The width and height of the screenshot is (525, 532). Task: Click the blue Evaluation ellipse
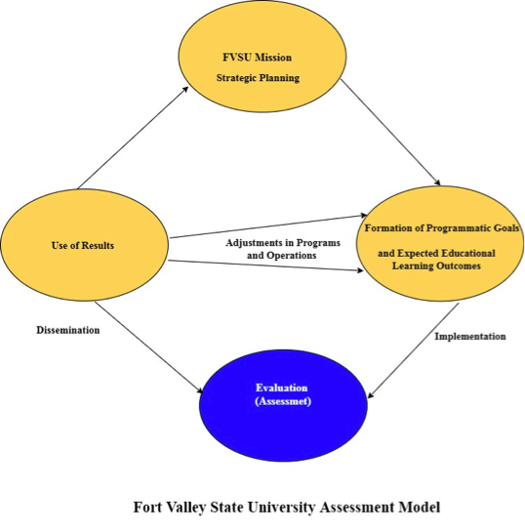[x=284, y=405]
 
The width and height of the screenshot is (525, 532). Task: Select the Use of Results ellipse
[x=85, y=245]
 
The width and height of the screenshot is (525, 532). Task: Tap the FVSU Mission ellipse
[x=262, y=56]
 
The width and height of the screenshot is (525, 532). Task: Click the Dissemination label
[x=68, y=330]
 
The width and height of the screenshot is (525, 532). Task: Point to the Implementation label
[x=470, y=336]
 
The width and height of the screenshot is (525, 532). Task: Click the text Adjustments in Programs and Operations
[x=283, y=249]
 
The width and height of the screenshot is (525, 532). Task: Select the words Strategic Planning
[x=258, y=78]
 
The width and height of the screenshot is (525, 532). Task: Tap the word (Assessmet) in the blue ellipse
[x=283, y=401]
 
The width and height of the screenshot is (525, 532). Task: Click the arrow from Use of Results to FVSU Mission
[x=133, y=138]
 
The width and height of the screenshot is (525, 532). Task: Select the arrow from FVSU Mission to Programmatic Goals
[x=390, y=133]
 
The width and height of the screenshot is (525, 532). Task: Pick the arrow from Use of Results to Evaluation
[x=149, y=348]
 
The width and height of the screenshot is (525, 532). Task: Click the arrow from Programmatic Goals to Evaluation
[x=414, y=350]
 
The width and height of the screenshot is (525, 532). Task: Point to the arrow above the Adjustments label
[x=268, y=226]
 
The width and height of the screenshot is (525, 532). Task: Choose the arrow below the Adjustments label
[x=265, y=266]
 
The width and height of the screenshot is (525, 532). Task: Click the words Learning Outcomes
[x=436, y=266]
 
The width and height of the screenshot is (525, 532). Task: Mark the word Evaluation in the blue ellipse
[x=282, y=388]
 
